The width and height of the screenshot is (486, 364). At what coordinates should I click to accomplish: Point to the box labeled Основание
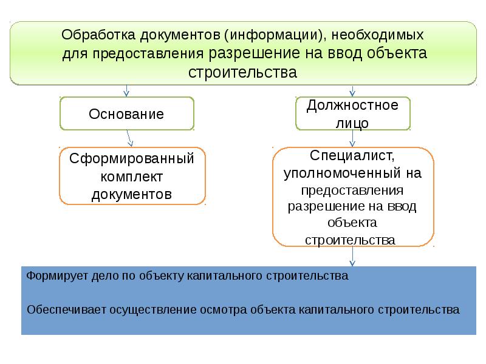tap(126, 113)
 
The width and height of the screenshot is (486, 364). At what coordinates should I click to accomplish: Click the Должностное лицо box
tap(352, 113)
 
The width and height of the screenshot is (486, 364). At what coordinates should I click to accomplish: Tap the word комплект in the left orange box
tap(131, 177)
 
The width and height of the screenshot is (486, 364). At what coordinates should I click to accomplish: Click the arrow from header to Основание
tap(126, 90)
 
